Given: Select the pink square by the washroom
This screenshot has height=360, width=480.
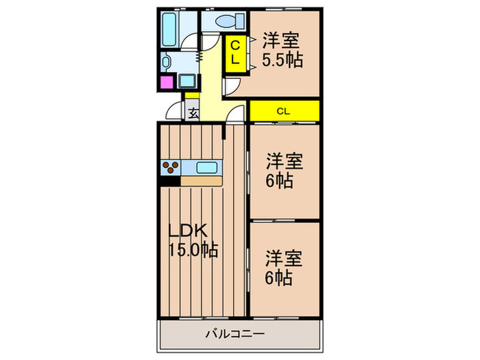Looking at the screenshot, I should tap(167, 82).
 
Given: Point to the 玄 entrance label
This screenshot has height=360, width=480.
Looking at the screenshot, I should tap(193, 112).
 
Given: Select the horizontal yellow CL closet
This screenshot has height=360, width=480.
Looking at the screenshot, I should tap(283, 110).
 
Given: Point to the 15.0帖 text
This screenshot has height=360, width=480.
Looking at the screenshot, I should tap(193, 250).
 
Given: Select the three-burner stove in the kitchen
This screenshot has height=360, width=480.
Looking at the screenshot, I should tap(170, 167).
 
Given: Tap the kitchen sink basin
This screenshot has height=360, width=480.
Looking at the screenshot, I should tap(206, 167).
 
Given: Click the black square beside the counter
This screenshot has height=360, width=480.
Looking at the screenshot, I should tap(169, 181).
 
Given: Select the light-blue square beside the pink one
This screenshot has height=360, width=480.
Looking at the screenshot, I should tap(188, 81).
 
